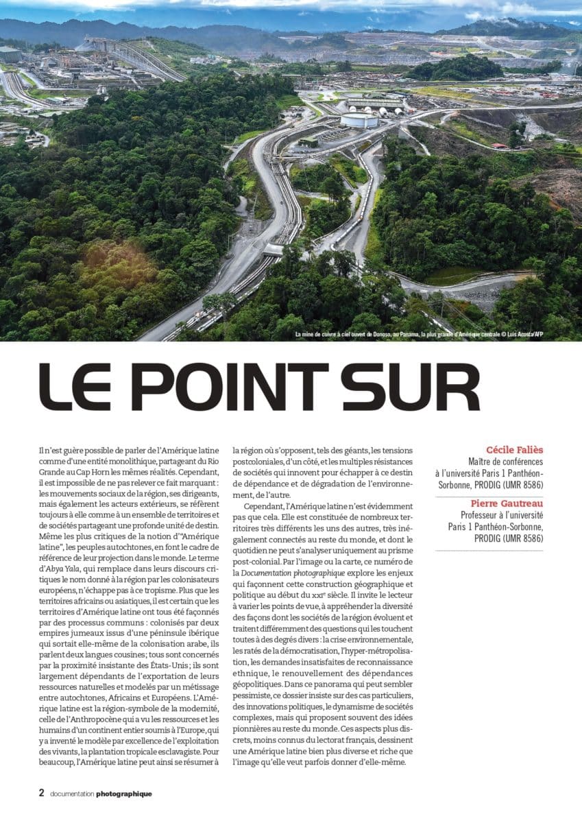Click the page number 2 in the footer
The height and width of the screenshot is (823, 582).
[41, 793]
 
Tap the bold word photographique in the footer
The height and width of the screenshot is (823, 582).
[124, 794]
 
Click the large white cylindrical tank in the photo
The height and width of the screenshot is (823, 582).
[359, 119]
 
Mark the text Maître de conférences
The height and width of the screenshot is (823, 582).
[505, 462]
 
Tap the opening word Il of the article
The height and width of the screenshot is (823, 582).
[42, 451]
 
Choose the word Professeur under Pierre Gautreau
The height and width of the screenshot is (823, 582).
[484, 514]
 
